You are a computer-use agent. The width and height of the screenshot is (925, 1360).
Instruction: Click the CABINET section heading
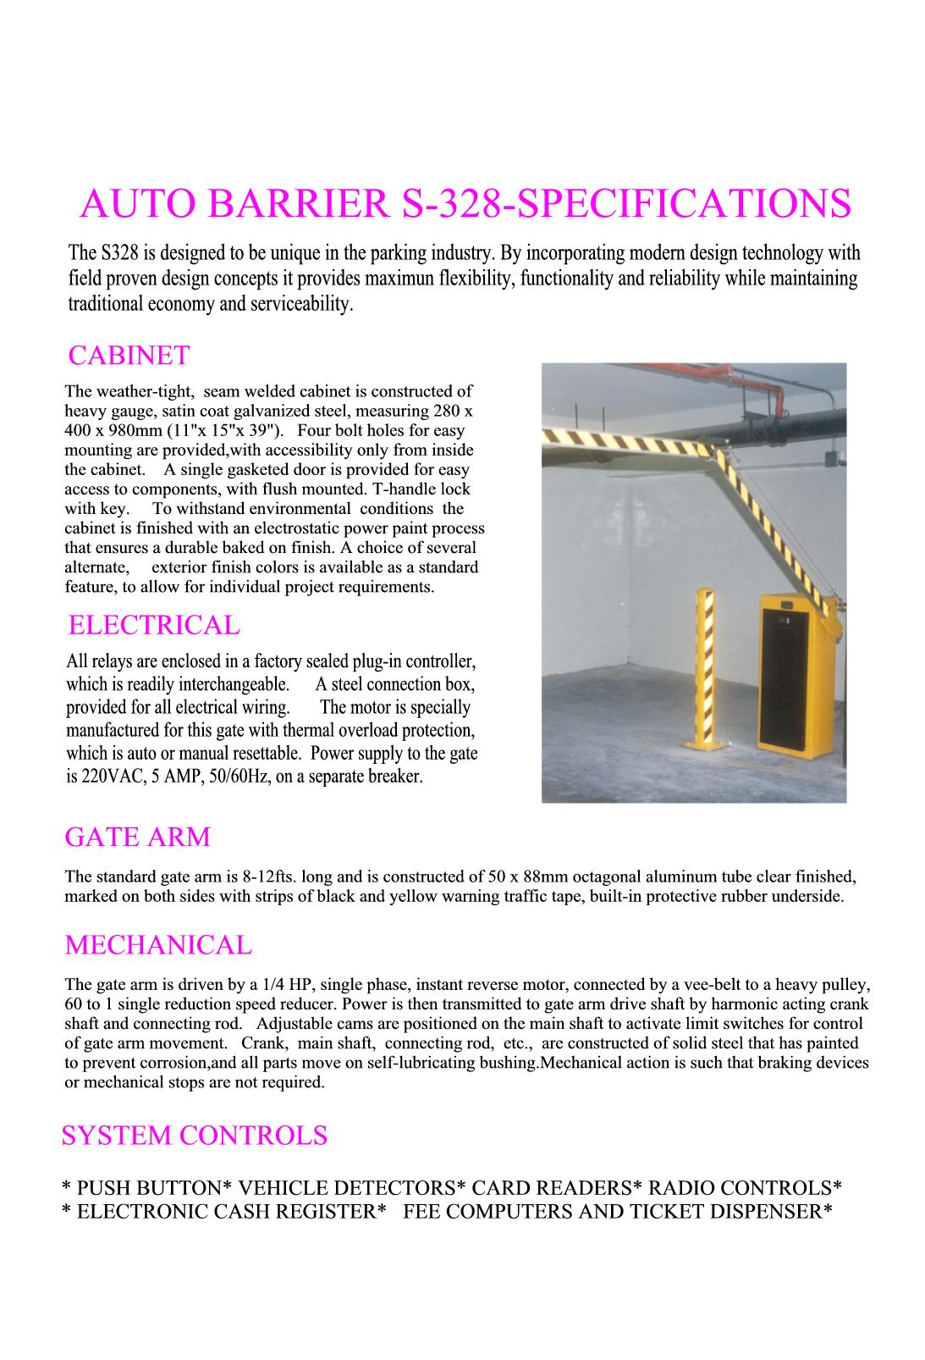click(129, 355)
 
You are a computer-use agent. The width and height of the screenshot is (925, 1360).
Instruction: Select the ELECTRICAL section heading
click(153, 625)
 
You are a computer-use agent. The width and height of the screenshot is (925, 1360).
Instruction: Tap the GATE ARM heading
click(137, 837)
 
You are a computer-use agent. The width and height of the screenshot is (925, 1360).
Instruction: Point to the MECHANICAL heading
click(158, 944)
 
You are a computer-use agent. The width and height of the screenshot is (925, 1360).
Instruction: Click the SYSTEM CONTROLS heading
click(194, 1135)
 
